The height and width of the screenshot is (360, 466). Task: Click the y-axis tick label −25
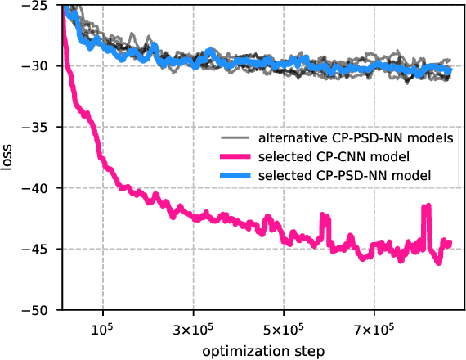coord(38,5)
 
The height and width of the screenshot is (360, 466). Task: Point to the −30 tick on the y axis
coord(38,65)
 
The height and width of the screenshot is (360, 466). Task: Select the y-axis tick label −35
coord(38,127)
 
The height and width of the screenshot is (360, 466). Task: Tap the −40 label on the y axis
coord(38,188)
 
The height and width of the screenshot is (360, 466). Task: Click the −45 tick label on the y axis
coord(38,250)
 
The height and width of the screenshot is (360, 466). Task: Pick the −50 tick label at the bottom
coord(38,310)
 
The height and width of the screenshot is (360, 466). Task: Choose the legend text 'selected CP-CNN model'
coord(333,157)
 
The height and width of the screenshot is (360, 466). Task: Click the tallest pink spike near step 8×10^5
coord(426,207)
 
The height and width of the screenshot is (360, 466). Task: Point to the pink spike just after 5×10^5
coord(325,218)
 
